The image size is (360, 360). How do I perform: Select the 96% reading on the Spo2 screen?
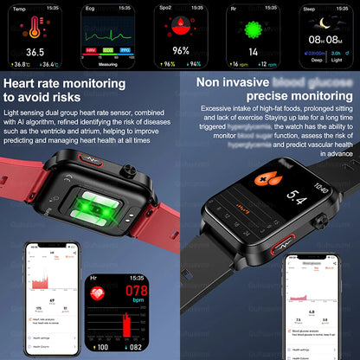[x=179, y=50]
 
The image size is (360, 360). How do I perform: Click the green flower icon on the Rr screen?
[x=254, y=28]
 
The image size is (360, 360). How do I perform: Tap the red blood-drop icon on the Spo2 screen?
[x=180, y=28]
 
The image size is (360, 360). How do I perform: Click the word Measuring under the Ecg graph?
[x=106, y=62]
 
